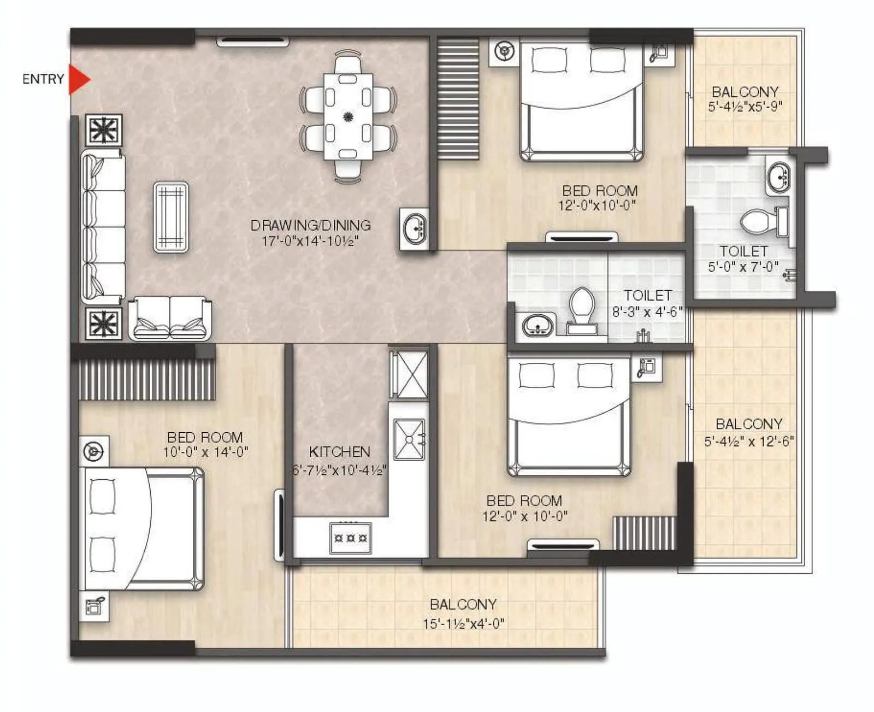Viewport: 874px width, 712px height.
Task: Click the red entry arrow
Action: coord(79,79)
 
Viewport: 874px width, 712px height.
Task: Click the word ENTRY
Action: coord(43,79)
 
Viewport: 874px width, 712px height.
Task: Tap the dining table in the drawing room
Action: coord(348,116)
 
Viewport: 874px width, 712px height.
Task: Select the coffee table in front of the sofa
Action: coord(171,217)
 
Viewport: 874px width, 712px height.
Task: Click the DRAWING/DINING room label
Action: coord(310,225)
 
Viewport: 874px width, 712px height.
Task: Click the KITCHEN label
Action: coord(339,452)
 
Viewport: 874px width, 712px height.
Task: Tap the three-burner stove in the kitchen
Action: coord(351,538)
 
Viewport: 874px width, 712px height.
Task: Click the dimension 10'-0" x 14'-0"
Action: coord(205,452)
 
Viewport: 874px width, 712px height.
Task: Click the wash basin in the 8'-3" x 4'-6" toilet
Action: coord(538,326)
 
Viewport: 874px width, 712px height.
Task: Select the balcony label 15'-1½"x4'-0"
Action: coord(463,623)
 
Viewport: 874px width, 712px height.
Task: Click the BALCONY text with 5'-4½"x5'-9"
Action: coord(745,92)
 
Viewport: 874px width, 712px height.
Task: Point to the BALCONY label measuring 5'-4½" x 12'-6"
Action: coord(749,424)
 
